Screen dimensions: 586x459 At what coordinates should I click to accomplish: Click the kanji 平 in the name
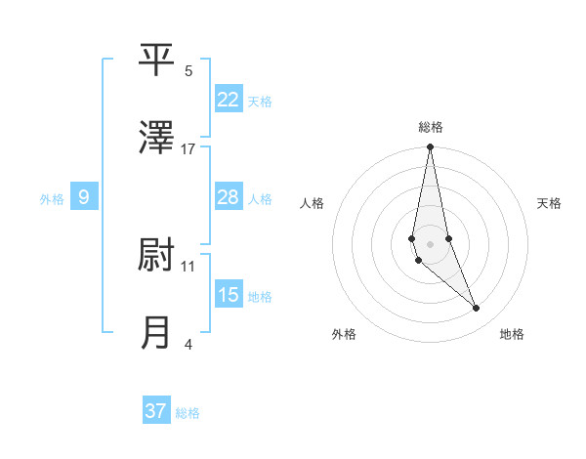click(157, 61)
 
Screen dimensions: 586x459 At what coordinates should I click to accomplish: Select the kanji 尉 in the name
click(157, 256)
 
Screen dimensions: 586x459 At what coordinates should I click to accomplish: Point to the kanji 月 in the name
click(157, 333)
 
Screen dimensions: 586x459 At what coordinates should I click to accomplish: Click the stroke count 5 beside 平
click(188, 71)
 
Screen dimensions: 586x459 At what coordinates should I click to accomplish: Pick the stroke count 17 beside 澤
click(188, 149)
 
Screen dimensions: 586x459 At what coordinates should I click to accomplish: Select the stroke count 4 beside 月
click(188, 344)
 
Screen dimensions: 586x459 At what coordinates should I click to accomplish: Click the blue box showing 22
click(229, 100)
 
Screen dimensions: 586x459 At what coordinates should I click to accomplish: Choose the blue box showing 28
click(229, 197)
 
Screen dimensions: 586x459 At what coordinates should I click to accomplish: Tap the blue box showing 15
click(229, 295)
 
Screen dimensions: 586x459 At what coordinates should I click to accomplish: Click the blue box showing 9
click(84, 197)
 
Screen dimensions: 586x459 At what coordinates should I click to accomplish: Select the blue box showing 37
click(156, 411)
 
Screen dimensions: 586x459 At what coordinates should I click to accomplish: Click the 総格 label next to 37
click(188, 413)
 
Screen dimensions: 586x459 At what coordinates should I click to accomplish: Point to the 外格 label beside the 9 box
click(52, 199)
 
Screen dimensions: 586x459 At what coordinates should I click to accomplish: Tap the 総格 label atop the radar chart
click(430, 127)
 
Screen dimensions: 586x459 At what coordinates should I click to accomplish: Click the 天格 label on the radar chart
click(549, 203)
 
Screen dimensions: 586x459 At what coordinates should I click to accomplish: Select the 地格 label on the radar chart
click(512, 334)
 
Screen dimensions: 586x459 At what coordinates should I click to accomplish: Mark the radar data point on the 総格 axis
click(430, 147)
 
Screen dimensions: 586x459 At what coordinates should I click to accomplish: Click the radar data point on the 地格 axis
click(477, 309)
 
